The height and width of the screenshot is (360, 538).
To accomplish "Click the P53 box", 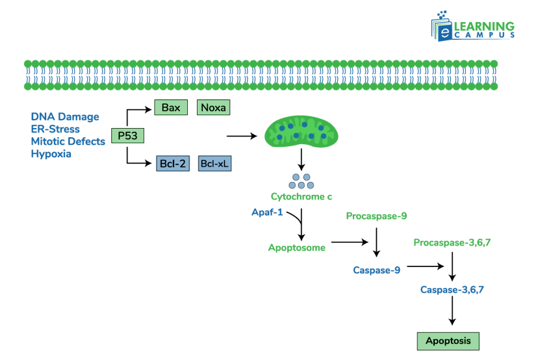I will coord(127,136).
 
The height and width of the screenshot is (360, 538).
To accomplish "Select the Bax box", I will coord(171,108).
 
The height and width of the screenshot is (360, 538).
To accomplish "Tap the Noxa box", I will coord(213,108).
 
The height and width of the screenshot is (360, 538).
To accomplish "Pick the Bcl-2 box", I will coord(173,164).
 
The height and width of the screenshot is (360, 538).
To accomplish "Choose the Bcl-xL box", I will coord(214,164).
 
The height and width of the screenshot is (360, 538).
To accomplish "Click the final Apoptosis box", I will coord(448,341).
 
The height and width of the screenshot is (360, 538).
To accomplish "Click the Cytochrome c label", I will coord(301,196).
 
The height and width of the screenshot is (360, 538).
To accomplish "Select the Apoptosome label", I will coord(297,248).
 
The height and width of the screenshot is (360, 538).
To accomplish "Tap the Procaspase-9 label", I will coord(376,216).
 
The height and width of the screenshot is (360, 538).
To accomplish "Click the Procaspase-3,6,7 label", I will coord(452,242).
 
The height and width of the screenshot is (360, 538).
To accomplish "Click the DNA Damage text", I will coord(65,117).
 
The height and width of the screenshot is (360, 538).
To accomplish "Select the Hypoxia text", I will coord(51,154).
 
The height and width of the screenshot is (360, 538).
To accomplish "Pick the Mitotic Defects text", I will coord(68,142).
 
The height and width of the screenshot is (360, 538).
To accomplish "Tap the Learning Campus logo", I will coord(473,29).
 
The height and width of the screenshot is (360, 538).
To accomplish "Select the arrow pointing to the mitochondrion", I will coord(242,136).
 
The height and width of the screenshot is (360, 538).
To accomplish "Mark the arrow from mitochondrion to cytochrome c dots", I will coord(301,160).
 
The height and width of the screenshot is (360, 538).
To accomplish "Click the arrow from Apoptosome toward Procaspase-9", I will coord(349,242).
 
